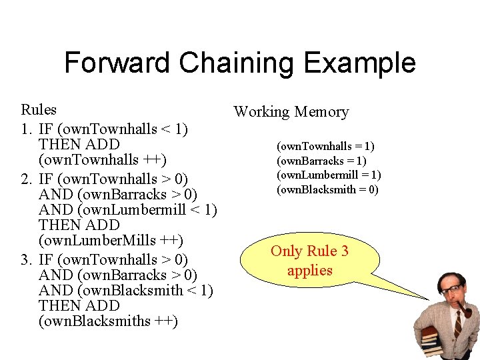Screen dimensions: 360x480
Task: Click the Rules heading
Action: click(39, 109)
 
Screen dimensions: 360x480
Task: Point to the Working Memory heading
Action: click(291, 111)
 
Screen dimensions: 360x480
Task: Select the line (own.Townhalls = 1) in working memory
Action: click(325, 146)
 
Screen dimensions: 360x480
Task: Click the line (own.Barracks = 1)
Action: click(322, 161)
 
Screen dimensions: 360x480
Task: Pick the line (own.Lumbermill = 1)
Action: click(329, 175)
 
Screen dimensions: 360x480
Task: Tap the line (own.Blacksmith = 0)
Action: click(327, 189)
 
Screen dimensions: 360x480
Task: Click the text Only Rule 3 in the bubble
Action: click(309, 251)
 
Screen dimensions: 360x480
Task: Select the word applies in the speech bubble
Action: click(309, 270)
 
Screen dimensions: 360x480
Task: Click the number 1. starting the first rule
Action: click(28, 129)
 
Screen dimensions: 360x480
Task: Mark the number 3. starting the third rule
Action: click(28, 259)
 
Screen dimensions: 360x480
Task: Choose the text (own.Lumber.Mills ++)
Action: click(111, 240)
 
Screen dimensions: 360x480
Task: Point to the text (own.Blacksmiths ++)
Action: click(108, 321)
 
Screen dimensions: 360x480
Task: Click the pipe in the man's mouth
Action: click(465, 310)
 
